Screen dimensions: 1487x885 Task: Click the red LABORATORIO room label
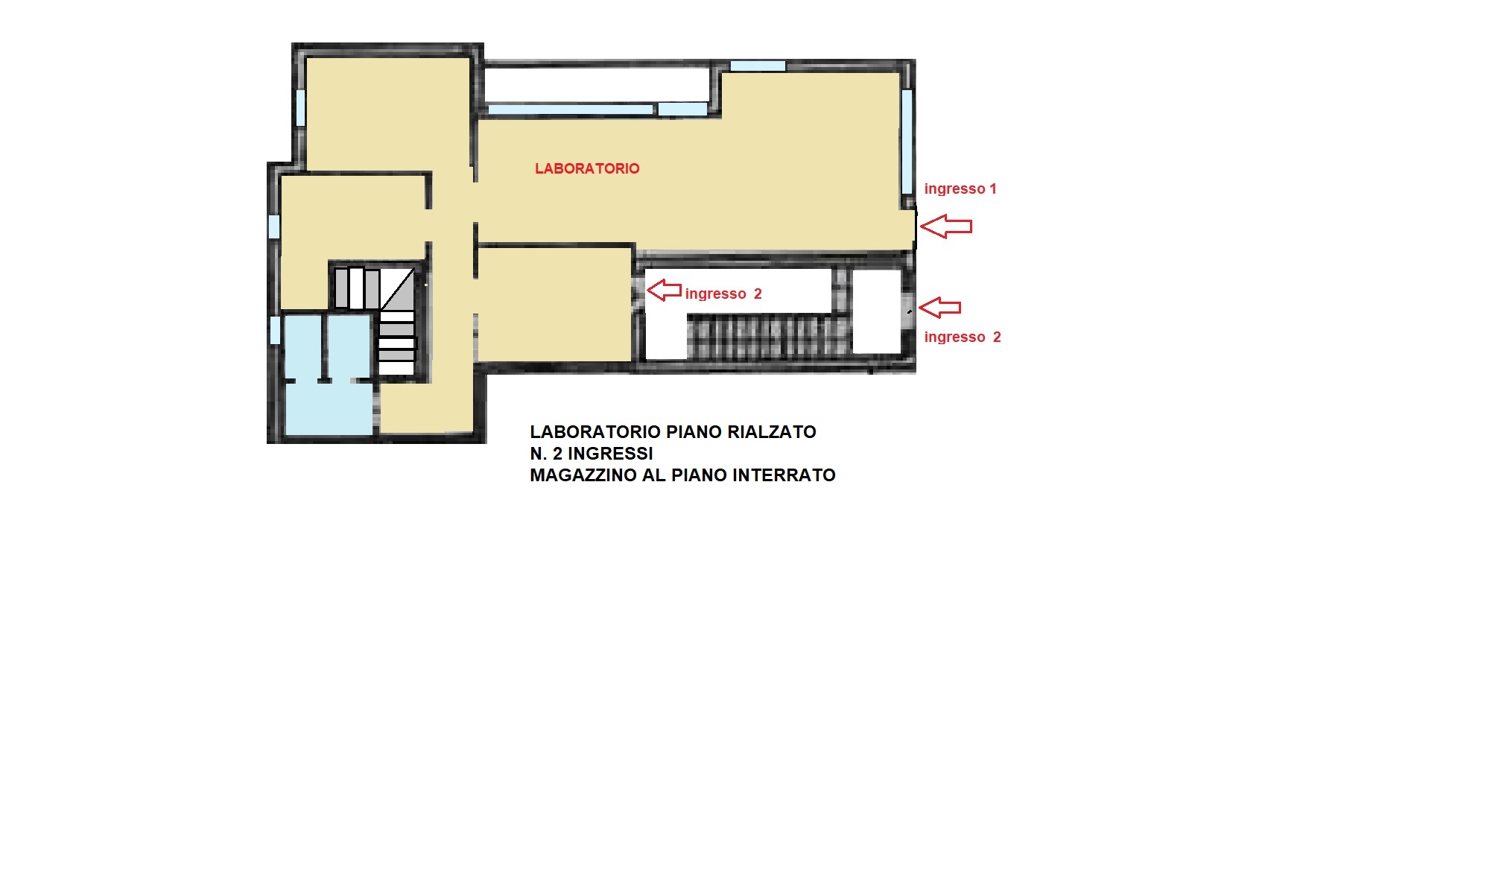[x=587, y=168]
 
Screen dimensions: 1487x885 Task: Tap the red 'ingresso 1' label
[x=960, y=188]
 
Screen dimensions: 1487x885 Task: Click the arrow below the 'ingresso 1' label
[x=946, y=226]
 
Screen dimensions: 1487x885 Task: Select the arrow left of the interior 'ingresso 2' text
[x=664, y=290]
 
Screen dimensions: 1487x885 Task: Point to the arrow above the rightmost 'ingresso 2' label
[x=939, y=307]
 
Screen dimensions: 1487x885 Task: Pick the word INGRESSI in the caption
[x=610, y=454]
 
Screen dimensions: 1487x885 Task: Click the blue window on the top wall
[x=758, y=66]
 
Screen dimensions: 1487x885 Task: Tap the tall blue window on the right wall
[x=907, y=142]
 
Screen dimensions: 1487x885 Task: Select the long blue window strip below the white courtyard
[x=571, y=110]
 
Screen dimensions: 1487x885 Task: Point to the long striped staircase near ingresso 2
[x=767, y=336]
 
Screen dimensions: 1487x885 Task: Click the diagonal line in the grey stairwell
[x=397, y=289]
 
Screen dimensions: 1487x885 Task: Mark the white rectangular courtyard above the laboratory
[x=597, y=84]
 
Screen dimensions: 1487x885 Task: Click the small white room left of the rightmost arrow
[x=876, y=311]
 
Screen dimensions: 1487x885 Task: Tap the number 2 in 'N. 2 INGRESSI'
[x=557, y=454]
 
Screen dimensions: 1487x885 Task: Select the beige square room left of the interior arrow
[x=554, y=304]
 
